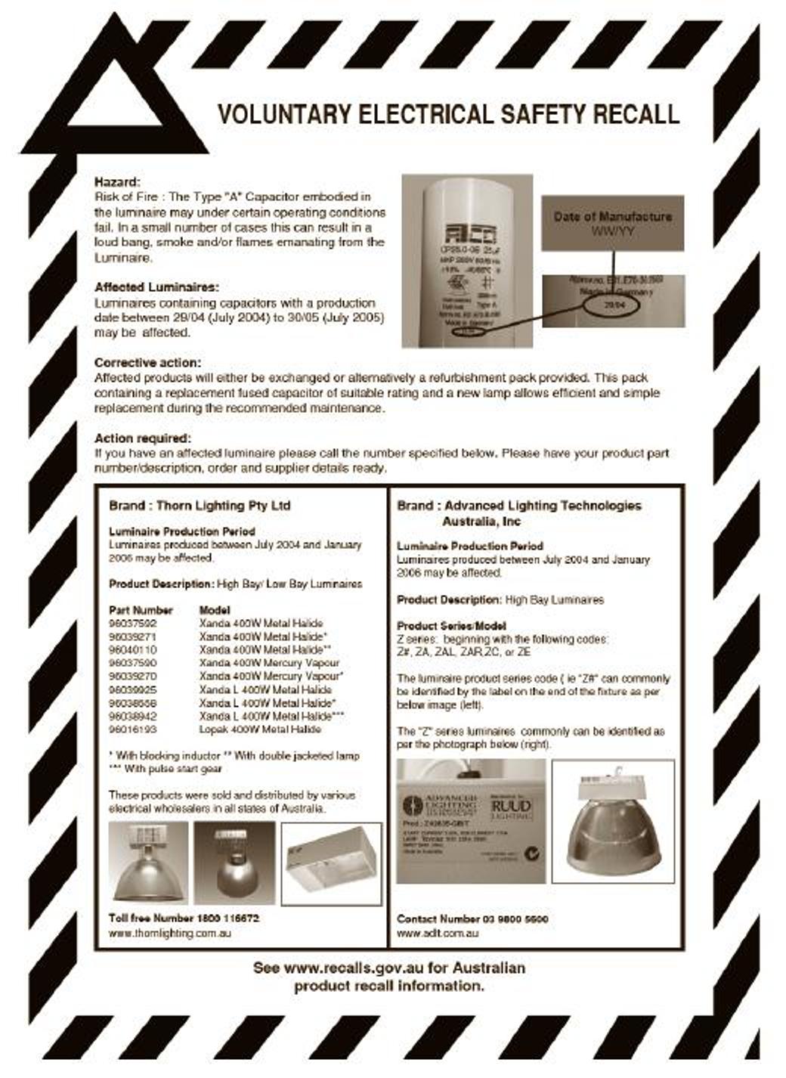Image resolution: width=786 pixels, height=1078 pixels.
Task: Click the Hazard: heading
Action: (117, 182)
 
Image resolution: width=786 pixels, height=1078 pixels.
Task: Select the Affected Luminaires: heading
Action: (156, 287)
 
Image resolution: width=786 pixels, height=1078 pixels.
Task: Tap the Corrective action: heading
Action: (147, 363)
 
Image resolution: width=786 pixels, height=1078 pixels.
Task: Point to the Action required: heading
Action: (143, 438)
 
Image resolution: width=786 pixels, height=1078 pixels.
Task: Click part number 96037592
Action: (133, 624)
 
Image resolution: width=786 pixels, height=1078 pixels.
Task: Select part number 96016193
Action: (133, 730)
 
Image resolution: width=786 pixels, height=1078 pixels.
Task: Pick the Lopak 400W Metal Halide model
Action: (260, 730)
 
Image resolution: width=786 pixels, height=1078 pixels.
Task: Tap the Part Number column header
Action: (141, 610)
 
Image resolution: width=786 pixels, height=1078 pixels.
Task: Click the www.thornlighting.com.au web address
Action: (170, 933)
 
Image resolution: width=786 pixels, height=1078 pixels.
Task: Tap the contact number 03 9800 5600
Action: (514, 919)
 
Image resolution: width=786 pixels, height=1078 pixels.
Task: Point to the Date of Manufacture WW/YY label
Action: (612, 223)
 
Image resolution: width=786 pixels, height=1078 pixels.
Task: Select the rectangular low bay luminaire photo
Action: (331, 863)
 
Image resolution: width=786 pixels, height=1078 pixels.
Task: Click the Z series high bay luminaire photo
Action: (613, 821)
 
